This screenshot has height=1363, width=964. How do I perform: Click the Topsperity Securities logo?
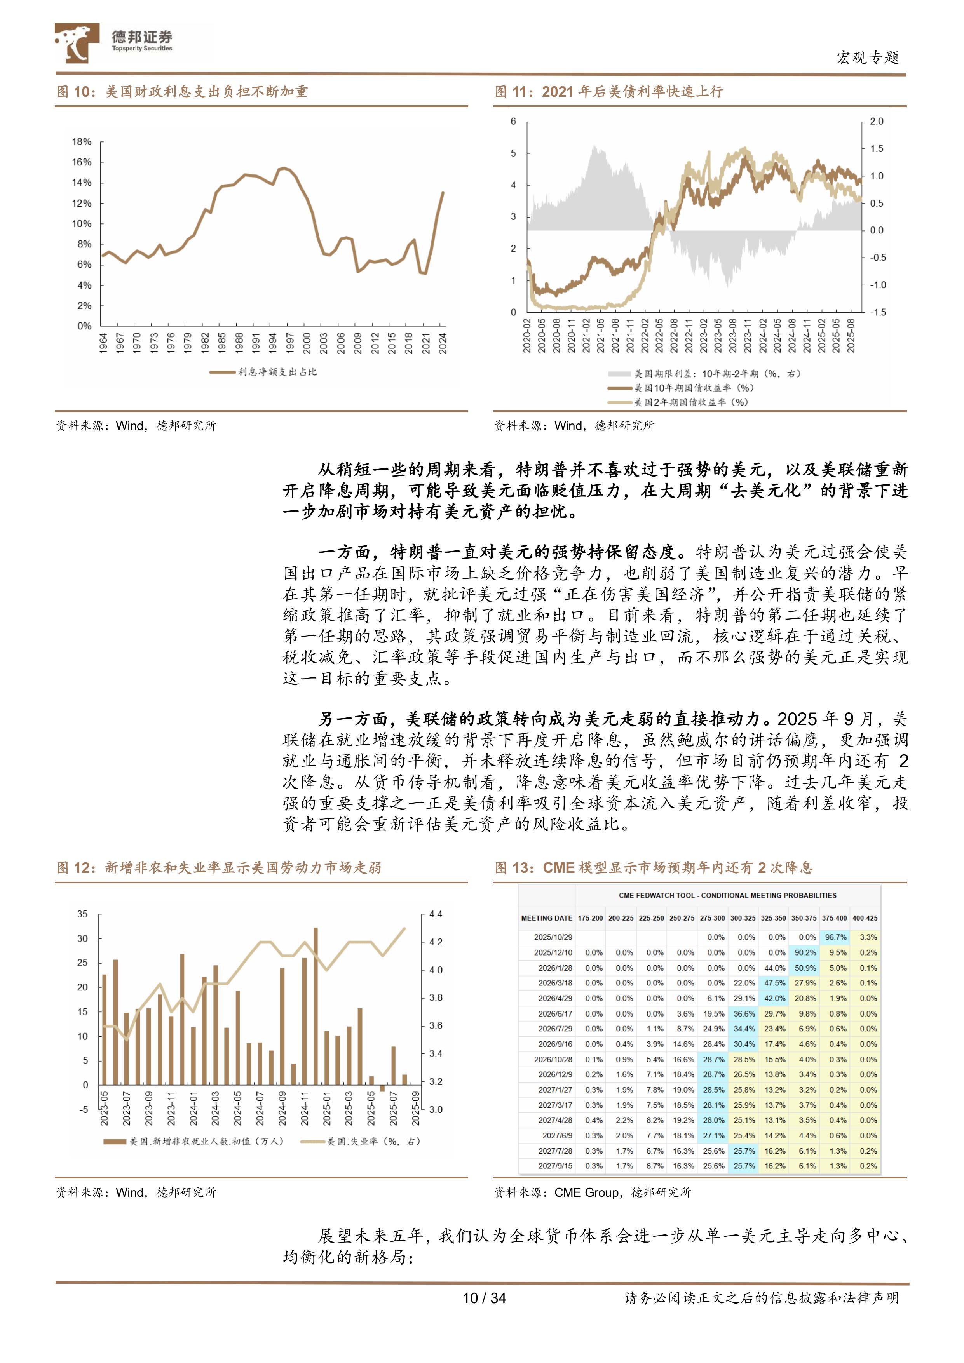pos(113,43)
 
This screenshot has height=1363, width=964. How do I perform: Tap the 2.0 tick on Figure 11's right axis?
pos(876,122)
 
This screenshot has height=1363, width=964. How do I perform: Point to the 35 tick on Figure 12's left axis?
pos(82,914)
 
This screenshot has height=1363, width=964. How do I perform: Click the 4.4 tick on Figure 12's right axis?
pos(436,914)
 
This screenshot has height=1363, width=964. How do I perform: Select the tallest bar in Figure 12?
pos(316,1006)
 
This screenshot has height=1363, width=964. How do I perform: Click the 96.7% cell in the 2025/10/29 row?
pos(835,937)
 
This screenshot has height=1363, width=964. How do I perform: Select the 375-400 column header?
pos(835,918)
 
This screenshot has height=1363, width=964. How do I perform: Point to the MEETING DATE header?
pos(546,918)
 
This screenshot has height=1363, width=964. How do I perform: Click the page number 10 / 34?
pos(484,1298)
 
